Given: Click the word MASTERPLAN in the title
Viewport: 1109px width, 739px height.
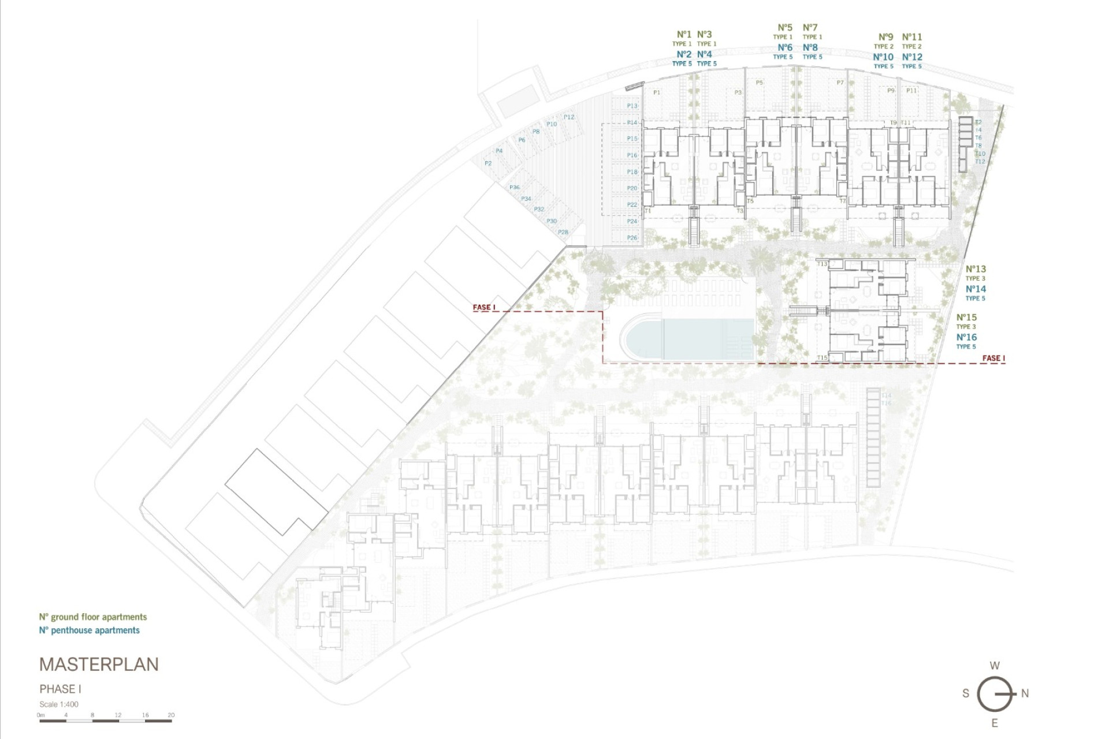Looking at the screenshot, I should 99,665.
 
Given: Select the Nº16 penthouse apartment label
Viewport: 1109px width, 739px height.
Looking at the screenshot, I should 966,337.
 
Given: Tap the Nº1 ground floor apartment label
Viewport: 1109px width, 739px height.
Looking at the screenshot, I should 684,35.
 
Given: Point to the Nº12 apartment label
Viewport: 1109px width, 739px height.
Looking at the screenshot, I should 912,57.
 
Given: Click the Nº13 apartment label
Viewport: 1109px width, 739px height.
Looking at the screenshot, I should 976,269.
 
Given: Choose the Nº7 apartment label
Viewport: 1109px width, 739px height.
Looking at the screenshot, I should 810,28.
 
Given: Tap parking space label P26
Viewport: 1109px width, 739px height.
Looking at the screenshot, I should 632,238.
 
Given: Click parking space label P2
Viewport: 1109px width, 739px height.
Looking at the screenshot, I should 488,163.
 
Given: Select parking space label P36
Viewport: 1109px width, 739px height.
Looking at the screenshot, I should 514,188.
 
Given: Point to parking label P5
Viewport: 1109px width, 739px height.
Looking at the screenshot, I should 759,83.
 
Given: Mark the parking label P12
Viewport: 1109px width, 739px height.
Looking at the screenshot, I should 569,117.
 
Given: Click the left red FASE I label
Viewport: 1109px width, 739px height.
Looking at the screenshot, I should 484,307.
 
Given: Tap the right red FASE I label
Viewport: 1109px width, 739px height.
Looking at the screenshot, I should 993,358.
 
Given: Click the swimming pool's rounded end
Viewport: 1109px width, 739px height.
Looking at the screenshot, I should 634,338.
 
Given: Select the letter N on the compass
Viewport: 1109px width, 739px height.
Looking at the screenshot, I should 1025,693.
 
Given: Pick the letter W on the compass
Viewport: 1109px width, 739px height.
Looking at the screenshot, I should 995,666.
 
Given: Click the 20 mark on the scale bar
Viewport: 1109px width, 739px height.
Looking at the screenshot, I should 171,715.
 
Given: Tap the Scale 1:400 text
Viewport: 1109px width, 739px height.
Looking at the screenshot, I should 59,704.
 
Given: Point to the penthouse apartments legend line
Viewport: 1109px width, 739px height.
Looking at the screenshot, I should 90,630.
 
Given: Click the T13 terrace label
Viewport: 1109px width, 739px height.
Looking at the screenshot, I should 823,264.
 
